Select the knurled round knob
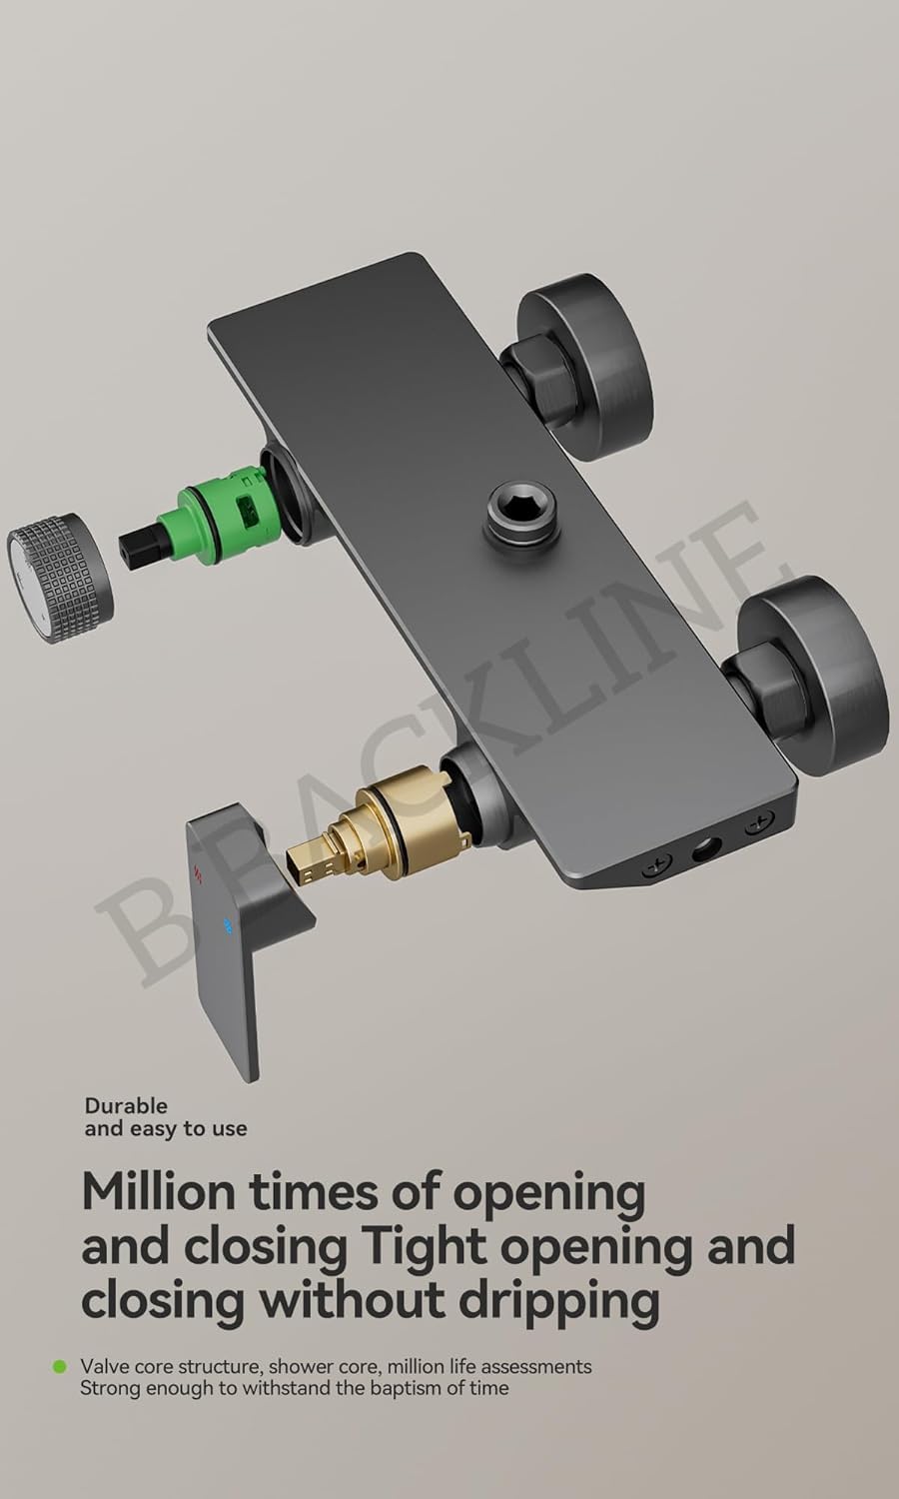point(60,579)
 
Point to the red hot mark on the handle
point(198,872)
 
